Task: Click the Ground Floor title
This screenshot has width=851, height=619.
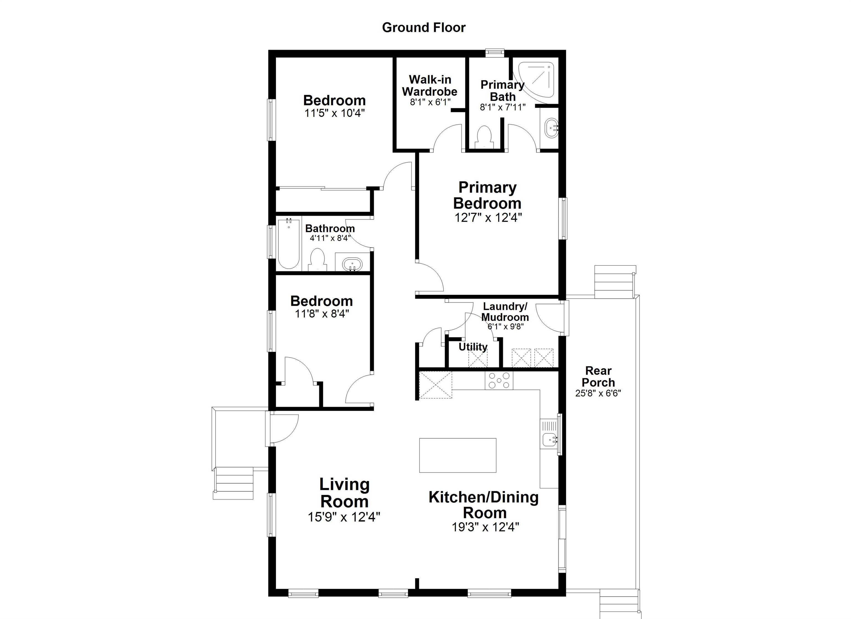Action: (424, 27)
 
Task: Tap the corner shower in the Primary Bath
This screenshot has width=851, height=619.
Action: (539, 80)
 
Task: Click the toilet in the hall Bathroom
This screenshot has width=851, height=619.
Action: (317, 259)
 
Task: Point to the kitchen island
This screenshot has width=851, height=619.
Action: (457, 455)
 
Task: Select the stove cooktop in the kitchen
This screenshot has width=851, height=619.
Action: (499, 380)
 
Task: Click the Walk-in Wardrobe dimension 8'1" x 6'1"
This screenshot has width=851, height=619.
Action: (430, 102)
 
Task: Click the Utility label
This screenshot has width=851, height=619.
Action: (473, 347)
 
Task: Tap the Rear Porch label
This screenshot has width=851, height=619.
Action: (598, 377)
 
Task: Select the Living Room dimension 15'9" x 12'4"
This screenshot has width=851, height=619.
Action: (344, 517)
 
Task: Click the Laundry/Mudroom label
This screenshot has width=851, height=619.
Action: (505, 311)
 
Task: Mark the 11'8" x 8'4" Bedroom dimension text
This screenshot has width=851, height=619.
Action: (322, 313)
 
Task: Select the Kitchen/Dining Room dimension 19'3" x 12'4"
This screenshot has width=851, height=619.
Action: (485, 527)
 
